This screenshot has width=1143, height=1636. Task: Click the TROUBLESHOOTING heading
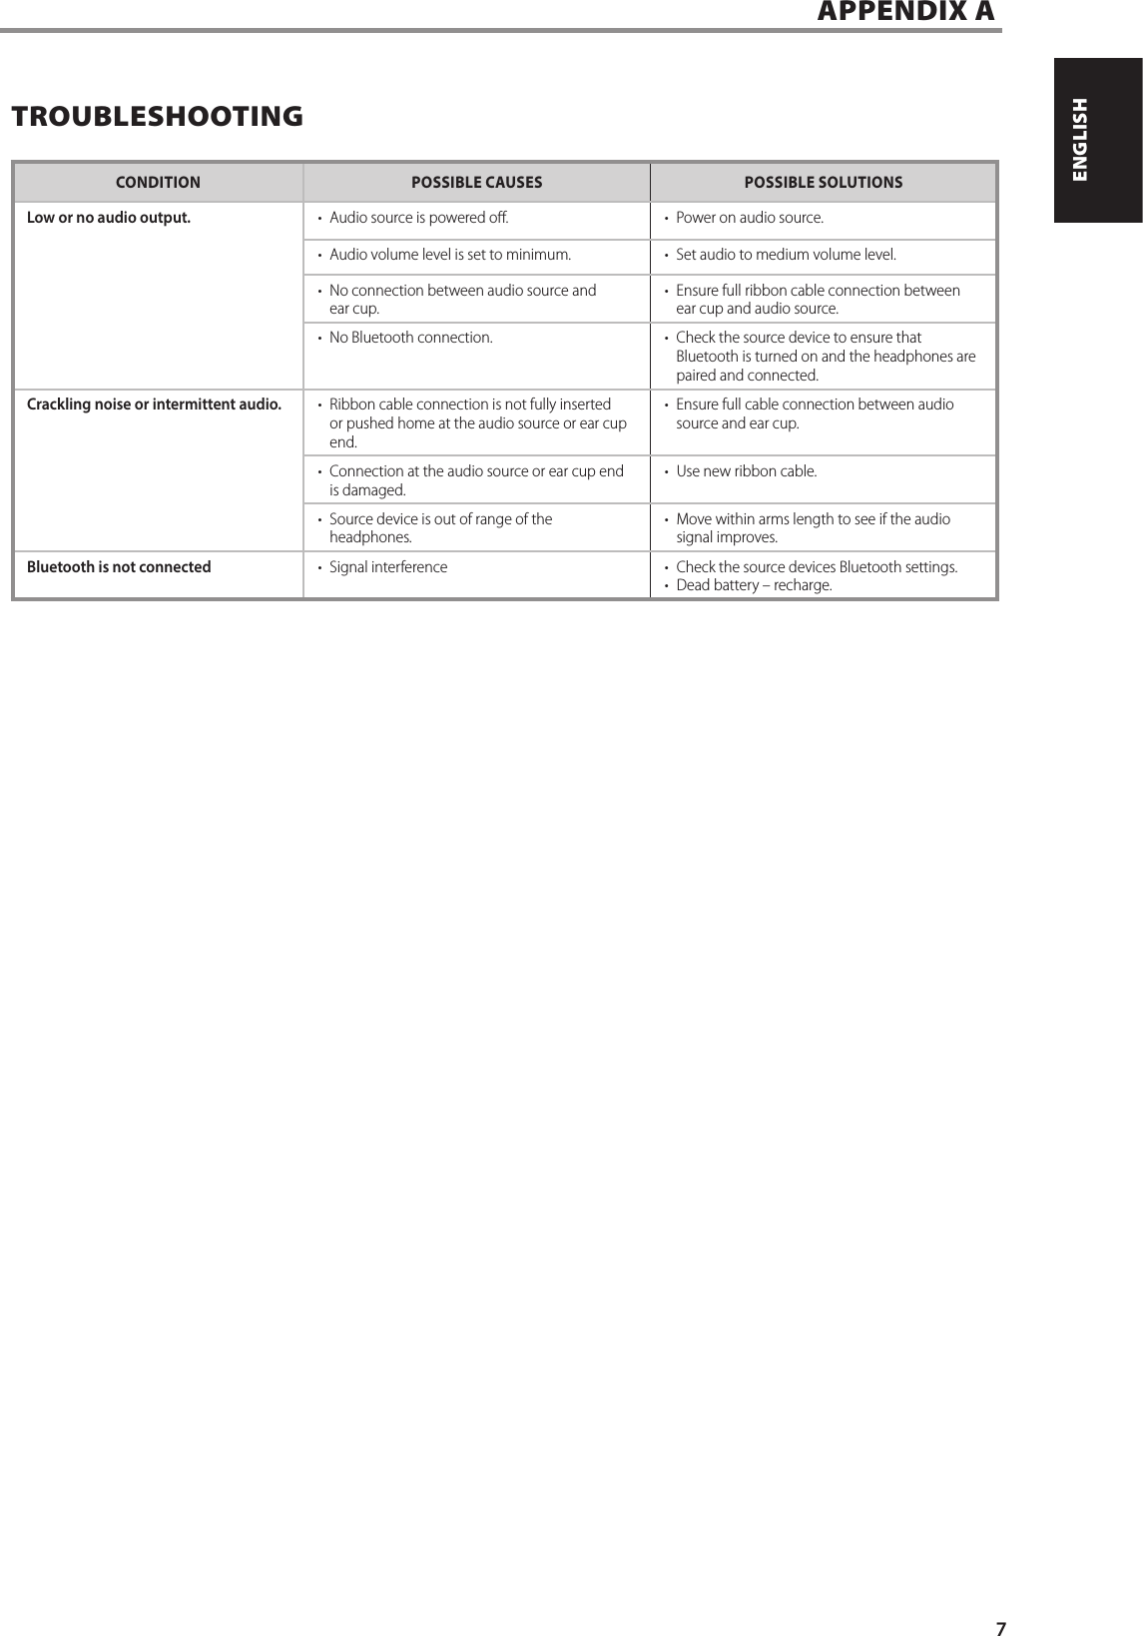tap(157, 117)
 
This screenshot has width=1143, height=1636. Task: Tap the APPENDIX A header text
tap(905, 12)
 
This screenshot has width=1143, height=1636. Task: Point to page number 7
tap(1001, 1623)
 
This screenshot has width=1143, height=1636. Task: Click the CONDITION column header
tap(158, 183)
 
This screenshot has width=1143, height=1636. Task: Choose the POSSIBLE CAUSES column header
tap(477, 183)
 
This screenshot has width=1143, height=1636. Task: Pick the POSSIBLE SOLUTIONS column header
tap(824, 183)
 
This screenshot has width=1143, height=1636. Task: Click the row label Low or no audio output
tap(109, 218)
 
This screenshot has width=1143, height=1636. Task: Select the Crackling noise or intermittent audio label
tap(154, 405)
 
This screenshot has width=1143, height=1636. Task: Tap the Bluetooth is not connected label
tap(119, 567)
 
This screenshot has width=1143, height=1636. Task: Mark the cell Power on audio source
tap(750, 218)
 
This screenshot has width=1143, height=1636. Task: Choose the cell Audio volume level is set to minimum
tap(450, 255)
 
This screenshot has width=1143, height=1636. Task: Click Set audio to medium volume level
tap(786, 255)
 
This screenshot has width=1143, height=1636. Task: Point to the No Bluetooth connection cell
tap(410, 338)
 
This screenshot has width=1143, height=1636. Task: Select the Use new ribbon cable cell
tap(746, 471)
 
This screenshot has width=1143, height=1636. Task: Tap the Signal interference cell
tap(388, 567)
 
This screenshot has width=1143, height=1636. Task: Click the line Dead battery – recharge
tap(754, 585)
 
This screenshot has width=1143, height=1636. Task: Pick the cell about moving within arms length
tap(813, 528)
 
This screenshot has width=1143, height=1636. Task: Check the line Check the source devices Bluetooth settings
tap(817, 567)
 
